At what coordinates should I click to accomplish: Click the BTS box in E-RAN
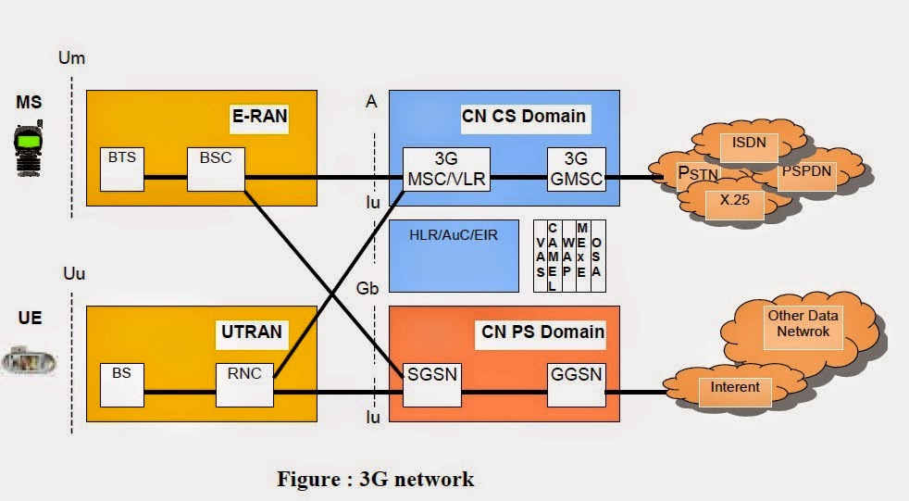[x=122, y=169]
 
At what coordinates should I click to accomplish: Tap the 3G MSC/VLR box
[x=446, y=169]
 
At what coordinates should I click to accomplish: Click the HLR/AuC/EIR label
[x=453, y=235]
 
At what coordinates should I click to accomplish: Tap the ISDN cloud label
[x=749, y=144]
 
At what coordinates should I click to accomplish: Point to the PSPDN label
[x=804, y=173]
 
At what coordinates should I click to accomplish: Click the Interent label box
[x=734, y=386]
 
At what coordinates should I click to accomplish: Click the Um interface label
[x=71, y=58]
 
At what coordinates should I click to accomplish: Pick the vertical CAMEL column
[x=553, y=257]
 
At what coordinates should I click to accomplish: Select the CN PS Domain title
[x=542, y=331]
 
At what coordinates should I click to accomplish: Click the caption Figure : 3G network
[x=376, y=478]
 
